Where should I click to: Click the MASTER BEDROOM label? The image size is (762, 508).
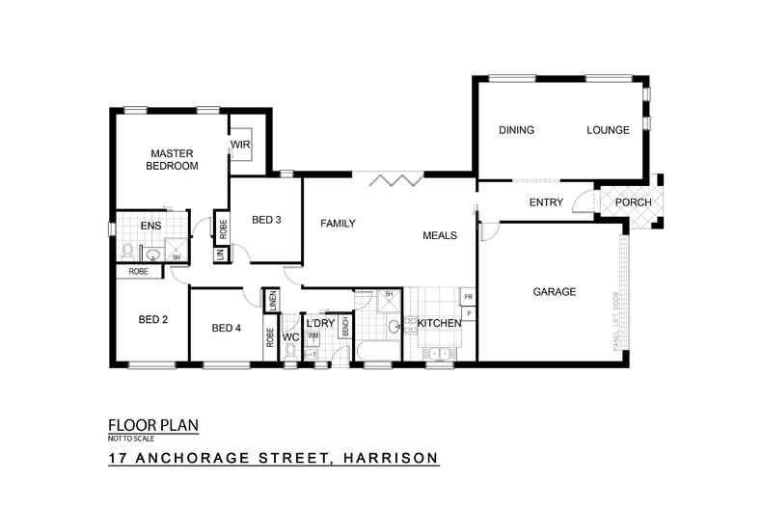click(x=172, y=159)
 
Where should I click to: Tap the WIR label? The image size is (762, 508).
click(x=239, y=146)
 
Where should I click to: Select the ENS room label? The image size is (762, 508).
click(x=150, y=227)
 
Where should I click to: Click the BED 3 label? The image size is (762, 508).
click(x=266, y=220)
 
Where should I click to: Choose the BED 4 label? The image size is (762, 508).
click(x=226, y=329)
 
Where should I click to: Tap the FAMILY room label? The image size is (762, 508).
click(x=338, y=224)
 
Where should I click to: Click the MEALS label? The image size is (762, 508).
click(x=439, y=235)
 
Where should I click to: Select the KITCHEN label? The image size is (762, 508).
click(x=439, y=323)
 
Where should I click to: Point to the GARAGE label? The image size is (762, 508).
click(x=555, y=291)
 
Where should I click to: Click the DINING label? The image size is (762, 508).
click(x=516, y=130)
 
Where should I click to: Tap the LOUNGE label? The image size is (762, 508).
click(x=608, y=130)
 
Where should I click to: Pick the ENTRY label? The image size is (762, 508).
click(x=546, y=202)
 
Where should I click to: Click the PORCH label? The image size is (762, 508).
click(x=633, y=202)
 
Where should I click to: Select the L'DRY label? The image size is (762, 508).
click(x=319, y=323)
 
